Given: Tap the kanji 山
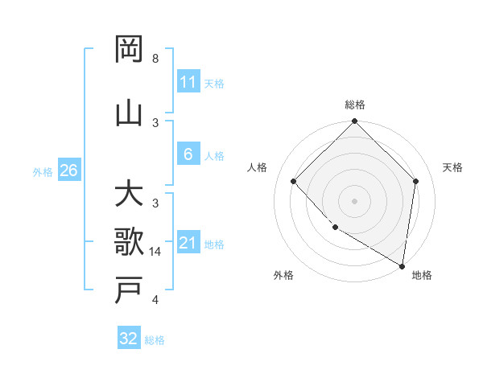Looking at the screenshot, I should point(129,113).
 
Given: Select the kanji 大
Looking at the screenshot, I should point(129,195).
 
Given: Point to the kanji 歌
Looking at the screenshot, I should point(129,241).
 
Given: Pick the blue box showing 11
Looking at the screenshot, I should point(188,82).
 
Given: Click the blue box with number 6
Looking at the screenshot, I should point(188,155).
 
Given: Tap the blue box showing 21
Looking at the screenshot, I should point(188,243).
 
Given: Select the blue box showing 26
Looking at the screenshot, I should point(69,171).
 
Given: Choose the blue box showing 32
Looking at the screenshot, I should point(129,339).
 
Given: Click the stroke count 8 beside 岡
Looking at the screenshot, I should point(155,59).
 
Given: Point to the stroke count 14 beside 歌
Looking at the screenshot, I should point(156,252).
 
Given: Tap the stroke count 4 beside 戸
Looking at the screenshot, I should point(155,300).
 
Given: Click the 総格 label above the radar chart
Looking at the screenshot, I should point(355,105).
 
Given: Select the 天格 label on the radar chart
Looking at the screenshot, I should point(453,167).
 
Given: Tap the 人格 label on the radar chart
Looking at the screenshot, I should point(258,167).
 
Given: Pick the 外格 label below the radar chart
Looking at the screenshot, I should point(283,276).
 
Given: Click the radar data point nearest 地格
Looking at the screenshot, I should point(402,265).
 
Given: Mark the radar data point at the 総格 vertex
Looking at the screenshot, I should point(354,122).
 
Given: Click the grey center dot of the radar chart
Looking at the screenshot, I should point(354,201).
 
